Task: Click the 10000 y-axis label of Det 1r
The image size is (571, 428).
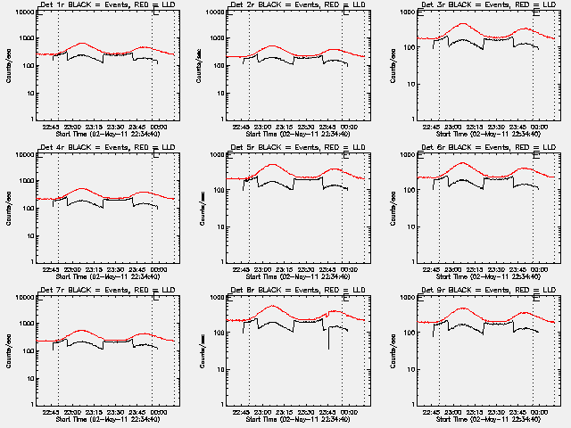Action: pyautogui.click(x=21, y=12)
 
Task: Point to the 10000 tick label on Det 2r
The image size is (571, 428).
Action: pyautogui.click(x=211, y=12)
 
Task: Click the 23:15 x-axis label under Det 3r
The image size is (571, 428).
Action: pyautogui.click(x=476, y=127)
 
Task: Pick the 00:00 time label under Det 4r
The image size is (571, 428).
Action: pyautogui.click(x=157, y=269)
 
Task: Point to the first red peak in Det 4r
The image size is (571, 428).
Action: pyautogui.click(x=82, y=188)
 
